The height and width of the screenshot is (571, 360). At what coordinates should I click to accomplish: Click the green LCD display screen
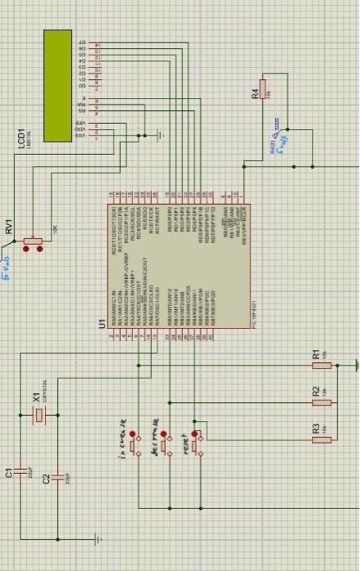[59, 85]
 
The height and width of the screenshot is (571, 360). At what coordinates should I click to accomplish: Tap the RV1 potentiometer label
[9, 227]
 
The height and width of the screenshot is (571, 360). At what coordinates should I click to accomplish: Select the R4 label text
[255, 94]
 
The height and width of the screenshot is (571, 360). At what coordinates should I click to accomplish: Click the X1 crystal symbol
[38, 415]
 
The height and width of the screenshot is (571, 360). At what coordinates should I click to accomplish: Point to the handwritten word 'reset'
[186, 443]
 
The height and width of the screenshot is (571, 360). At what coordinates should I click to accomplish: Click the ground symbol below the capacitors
[97, 538]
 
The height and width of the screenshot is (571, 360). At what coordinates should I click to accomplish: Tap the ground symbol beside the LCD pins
[162, 135]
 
